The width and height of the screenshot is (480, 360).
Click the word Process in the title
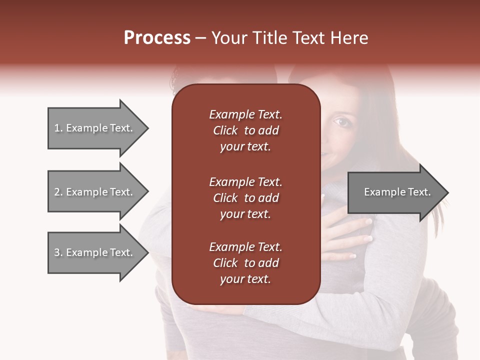click(x=157, y=38)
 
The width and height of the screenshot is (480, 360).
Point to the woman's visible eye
click(x=341, y=121)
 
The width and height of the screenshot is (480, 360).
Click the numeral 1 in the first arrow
click(x=56, y=128)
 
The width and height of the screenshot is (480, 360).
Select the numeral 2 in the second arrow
click(x=56, y=192)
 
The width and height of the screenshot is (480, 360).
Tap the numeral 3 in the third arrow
click(x=56, y=252)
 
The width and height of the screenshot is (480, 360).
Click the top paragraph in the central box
click(x=245, y=130)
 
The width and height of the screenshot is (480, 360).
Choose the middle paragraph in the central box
click(x=245, y=198)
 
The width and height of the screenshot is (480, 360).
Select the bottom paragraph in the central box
click(x=245, y=263)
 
